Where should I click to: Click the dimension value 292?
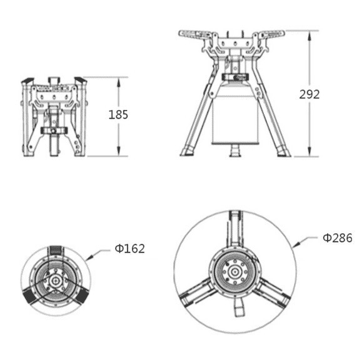[x=309, y=94]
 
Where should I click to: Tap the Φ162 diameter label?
[x=129, y=249]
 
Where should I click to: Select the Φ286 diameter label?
[x=337, y=238]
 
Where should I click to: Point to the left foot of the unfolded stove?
[x=188, y=151]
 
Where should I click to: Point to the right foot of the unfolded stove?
[x=281, y=151]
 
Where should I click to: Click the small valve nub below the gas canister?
[x=234, y=151]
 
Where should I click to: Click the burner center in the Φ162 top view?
[x=56, y=281]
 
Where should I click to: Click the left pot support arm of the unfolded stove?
[x=195, y=35]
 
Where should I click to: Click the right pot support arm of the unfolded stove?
[x=274, y=35]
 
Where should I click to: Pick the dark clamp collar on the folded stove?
[x=54, y=131]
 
